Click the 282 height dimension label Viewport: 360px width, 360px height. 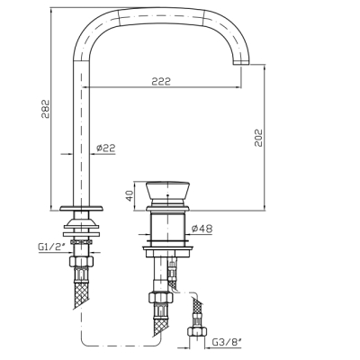coord(46,108)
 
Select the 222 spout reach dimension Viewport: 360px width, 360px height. coord(161,81)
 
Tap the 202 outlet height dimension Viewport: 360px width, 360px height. coord(258,138)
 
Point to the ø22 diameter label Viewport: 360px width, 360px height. coord(105,148)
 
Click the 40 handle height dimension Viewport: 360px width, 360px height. coord(130,196)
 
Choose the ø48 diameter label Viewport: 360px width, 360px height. coord(202,229)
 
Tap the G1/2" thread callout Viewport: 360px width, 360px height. coord(51,247)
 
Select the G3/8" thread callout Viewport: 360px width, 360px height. coord(227,342)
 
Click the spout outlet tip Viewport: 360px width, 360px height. coord(241,62)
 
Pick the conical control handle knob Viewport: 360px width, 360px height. coord(167,191)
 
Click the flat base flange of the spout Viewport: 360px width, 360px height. coord(81,208)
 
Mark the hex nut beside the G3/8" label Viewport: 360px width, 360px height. coord(197,331)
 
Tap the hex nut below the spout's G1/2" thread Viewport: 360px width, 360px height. coord(81,262)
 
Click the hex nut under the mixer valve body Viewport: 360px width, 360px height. coord(161,298)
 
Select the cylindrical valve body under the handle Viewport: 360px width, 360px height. coord(167,227)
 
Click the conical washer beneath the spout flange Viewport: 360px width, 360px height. coord(81,223)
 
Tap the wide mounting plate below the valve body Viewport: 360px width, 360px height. coord(167,248)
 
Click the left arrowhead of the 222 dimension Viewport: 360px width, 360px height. coord(85,87)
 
